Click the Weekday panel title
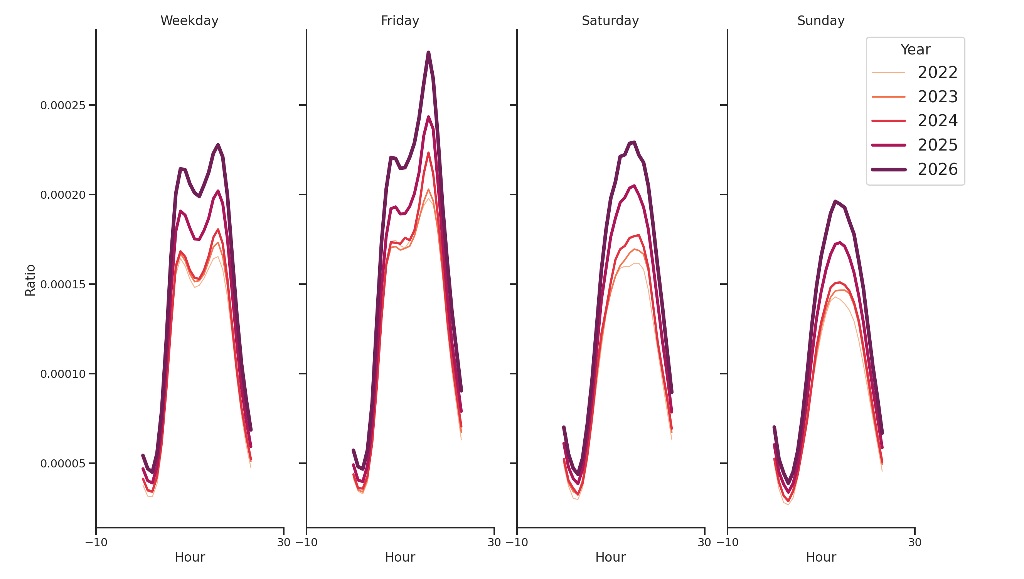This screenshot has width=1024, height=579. coord(189,21)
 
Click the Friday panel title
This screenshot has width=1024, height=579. coord(399,21)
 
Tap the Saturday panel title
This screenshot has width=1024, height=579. coord(610,21)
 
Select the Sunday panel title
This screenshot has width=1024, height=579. coord(820,21)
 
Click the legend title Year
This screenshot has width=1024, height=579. coord(915,50)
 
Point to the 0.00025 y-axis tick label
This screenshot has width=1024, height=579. coord(63,105)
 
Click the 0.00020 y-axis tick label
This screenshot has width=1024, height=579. coord(63,195)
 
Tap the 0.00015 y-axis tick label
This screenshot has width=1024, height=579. coord(63,284)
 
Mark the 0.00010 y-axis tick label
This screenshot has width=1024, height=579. coord(63,374)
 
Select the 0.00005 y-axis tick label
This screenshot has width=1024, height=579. coord(63,464)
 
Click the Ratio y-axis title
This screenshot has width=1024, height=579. coord(30,280)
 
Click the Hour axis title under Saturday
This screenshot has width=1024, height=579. coord(610,557)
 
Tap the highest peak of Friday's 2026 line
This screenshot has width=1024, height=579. coord(428,52)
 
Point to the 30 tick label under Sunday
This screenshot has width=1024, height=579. coord(914,542)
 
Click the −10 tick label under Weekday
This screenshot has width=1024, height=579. coord(96,542)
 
